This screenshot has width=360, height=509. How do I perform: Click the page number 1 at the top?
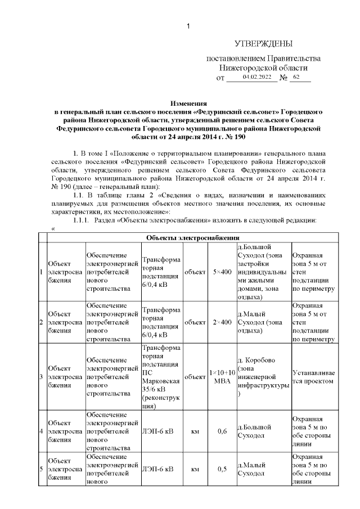tap(189, 25)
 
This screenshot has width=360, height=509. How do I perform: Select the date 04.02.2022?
tap(256, 76)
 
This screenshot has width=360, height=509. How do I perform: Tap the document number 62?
tap(297, 76)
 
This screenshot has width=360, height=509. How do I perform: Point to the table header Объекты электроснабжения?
tap(193, 238)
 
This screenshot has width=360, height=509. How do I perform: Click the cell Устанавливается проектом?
tap(313, 377)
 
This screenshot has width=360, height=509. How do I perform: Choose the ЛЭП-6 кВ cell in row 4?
tap(158, 431)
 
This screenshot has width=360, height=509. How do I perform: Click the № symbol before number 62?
tap(283, 78)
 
